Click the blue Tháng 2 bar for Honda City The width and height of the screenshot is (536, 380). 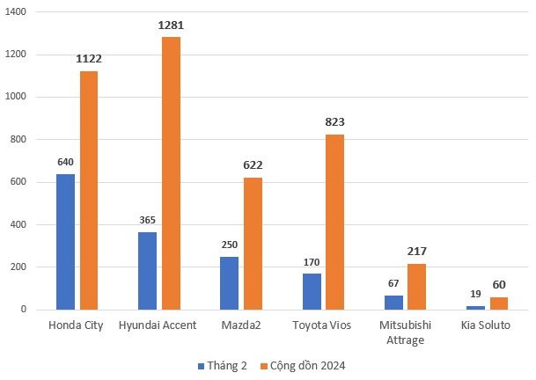click(65, 242)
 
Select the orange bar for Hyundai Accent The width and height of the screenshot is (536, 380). click(171, 173)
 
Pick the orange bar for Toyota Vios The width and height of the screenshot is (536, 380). click(334, 222)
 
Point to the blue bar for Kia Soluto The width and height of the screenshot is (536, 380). click(475, 307)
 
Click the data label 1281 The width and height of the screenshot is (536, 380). click(171, 26)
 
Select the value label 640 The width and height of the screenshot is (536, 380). click(65, 162)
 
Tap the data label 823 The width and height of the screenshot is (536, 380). click(334, 122)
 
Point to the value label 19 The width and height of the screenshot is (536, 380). click(475, 294)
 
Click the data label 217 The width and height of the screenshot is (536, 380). click(416, 252)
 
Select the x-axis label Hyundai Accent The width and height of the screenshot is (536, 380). click(158, 325)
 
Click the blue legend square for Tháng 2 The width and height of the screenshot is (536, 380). click(201, 365)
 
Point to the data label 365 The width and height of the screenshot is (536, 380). click(147, 220)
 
